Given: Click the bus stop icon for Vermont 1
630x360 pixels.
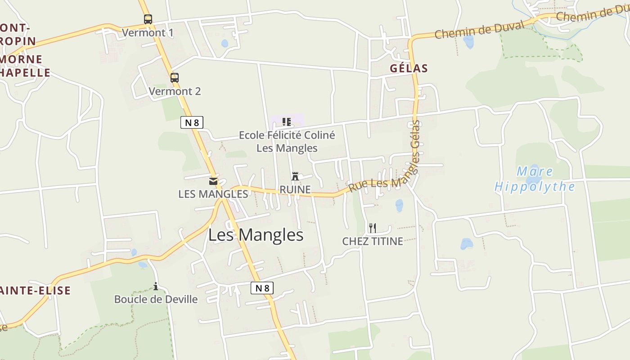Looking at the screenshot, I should (148, 19).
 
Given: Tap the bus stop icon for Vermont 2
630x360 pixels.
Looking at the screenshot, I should (175, 77).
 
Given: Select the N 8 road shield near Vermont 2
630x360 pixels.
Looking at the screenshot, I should (192, 122).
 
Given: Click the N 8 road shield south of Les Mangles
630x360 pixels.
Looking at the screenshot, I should (262, 288).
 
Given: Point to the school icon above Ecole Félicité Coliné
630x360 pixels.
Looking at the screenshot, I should (286, 121).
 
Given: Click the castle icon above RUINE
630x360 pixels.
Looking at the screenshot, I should (295, 176).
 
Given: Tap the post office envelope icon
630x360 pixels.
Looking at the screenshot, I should (213, 181).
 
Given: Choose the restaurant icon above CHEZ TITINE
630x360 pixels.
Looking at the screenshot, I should (372, 228).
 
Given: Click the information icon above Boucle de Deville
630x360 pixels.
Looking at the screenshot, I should (156, 286).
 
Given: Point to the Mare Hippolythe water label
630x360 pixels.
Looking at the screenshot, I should (535, 179).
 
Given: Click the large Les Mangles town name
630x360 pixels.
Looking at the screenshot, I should (256, 235).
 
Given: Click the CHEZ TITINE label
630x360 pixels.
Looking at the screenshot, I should (373, 241).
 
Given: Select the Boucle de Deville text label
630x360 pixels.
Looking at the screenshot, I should (156, 299).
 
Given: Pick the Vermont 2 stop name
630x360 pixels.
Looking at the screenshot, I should (175, 91).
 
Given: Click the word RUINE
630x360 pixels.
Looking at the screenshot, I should (295, 190).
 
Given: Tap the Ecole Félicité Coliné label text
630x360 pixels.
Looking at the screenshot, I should (287, 135).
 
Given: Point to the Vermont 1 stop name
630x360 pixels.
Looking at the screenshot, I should (148, 33).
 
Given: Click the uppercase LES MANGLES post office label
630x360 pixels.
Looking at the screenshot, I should (213, 194).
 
